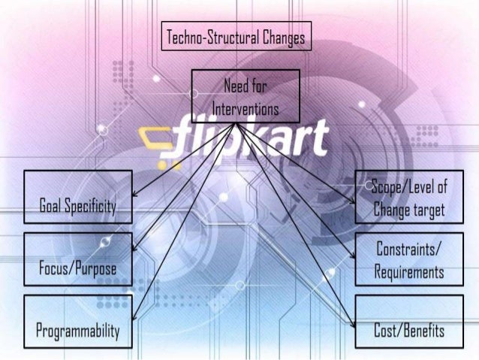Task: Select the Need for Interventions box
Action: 246,95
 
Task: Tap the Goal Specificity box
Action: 78,196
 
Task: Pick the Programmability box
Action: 78,321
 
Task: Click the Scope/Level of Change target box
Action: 409,196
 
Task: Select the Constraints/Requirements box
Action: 409,259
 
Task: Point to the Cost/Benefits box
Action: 409,321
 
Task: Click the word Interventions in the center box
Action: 246,110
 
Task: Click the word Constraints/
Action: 408,247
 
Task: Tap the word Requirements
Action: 408,271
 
